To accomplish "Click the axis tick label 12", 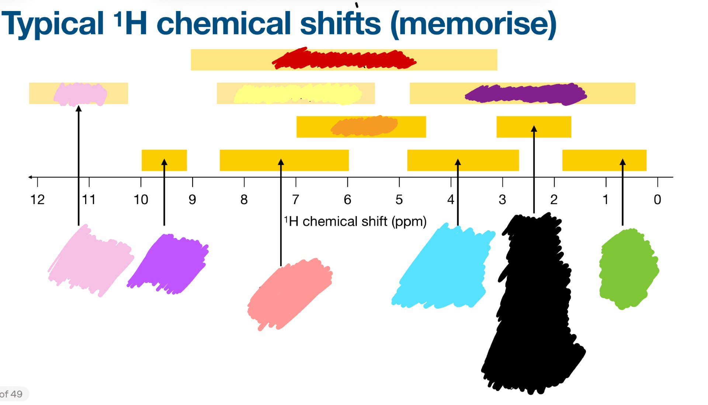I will point(37,200).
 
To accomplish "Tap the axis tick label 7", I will point(295,200).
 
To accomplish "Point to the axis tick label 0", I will point(657,200).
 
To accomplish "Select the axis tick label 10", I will point(140,200).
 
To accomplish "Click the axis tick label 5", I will point(399,200).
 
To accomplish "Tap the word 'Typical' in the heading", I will point(53,24).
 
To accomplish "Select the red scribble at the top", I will point(344,59).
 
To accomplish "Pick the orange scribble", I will point(364,126).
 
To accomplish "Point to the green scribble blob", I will point(628,269).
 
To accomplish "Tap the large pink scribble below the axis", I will point(90,261).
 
